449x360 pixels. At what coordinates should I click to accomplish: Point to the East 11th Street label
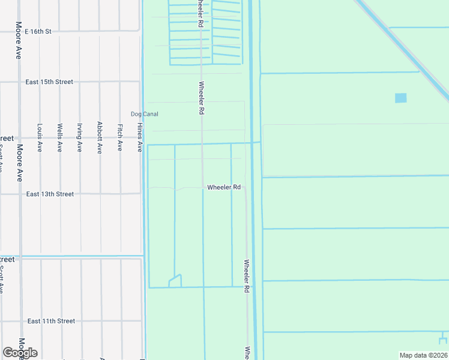coord(51,321)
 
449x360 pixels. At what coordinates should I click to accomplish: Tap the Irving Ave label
coord(79,137)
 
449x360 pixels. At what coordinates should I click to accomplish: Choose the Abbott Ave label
coord(100,137)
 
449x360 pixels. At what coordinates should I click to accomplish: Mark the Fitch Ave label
coord(120,137)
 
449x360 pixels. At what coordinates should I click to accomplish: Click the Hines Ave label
coord(140,137)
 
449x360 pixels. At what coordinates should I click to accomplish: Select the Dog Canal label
coord(144,114)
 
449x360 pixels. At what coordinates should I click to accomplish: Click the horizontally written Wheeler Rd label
coord(224,187)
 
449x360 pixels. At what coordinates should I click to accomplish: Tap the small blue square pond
coord(400,98)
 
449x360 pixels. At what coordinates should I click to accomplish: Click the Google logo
coord(20,352)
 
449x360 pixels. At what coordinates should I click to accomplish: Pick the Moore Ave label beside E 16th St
coord(19,41)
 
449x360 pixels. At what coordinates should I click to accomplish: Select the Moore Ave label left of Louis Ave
coord(19,163)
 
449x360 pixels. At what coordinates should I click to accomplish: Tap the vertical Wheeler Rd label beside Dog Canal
coord(201,98)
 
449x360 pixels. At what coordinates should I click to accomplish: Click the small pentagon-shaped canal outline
coord(175,281)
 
